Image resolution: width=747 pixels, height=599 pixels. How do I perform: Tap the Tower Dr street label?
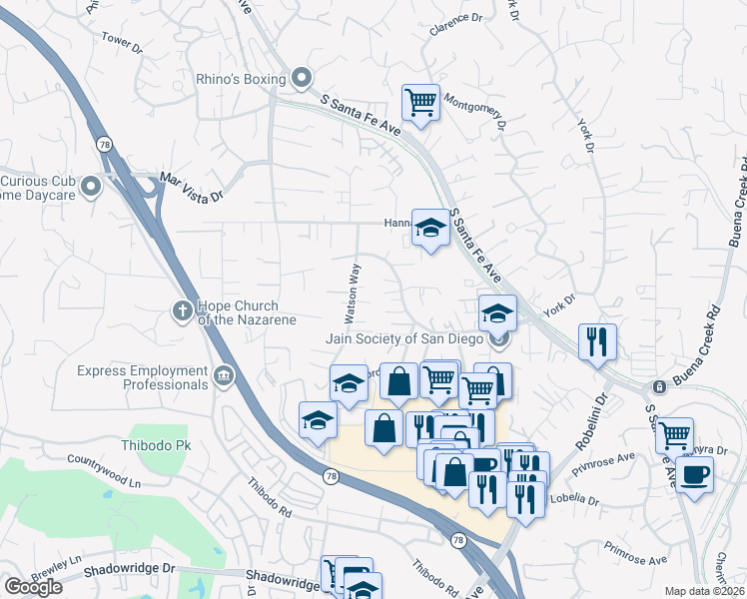122,43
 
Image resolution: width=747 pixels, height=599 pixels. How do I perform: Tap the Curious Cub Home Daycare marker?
92,187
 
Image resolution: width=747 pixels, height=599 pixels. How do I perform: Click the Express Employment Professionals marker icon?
224,375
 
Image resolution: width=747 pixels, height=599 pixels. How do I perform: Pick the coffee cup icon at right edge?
694,473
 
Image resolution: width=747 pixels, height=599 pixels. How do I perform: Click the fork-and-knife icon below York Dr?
597,341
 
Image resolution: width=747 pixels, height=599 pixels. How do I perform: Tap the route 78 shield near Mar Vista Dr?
105,145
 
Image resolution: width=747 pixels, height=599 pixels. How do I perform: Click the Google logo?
33,587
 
